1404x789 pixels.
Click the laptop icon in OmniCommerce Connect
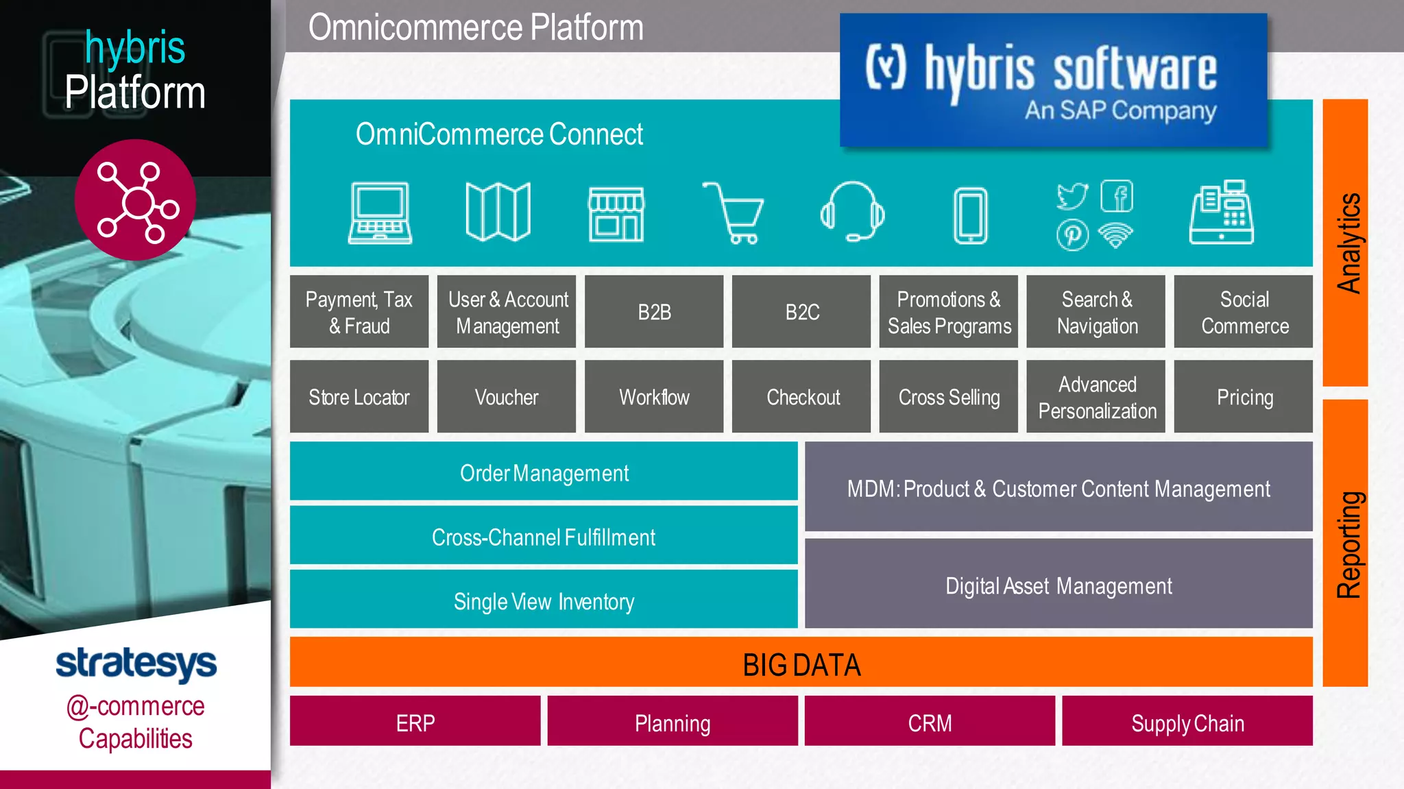(x=380, y=213)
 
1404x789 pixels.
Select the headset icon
(x=852, y=212)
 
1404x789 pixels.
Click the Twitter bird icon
(x=1072, y=197)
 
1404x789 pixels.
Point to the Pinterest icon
(x=1072, y=235)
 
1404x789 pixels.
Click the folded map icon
(x=498, y=212)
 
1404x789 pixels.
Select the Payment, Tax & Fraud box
(x=359, y=312)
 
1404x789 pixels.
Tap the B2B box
(x=654, y=312)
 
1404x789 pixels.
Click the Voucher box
(x=507, y=397)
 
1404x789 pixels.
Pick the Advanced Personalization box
(x=1096, y=397)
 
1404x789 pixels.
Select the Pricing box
(x=1244, y=397)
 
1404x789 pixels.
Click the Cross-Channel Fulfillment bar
(x=544, y=537)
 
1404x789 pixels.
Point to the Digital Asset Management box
(x=1058, y=585)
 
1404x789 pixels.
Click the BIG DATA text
(x=801, y=664)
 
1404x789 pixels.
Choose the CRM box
(x=930, y=722)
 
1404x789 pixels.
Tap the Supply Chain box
(x=1187, y=722)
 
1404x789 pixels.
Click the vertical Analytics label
(x=1348, y=243)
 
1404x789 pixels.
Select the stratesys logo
(x=136, y=663)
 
